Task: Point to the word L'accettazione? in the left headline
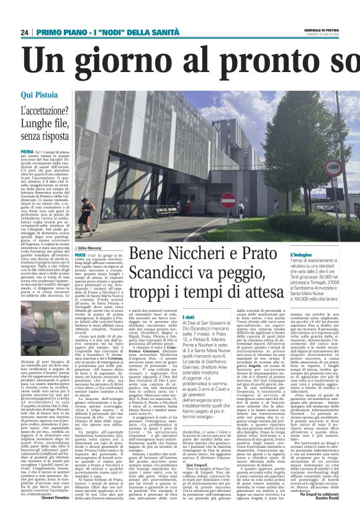(43, 112)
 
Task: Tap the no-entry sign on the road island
(228, 200)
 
